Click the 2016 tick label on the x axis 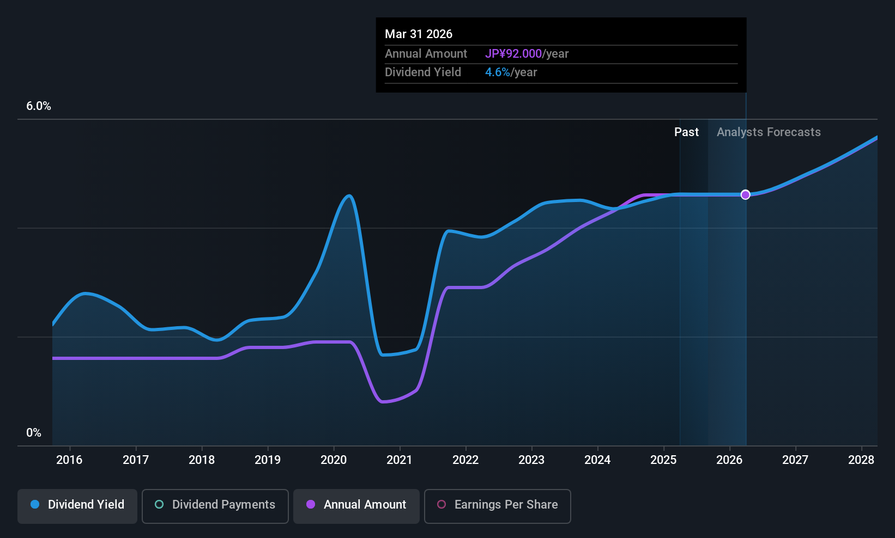click(69, 460)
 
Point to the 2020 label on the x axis click(334, 460)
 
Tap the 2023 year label click(531, 460)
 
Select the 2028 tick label click(861, 460)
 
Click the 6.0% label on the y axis click(39, 106)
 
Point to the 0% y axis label click(34, 433)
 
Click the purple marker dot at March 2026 click(746, 195)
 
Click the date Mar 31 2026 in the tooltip click(419, 34)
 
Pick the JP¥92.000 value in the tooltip click(513, 54)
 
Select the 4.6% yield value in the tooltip click(498, 72)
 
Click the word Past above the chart click(686, 132)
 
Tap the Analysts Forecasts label click(769, 132)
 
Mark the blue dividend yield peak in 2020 click(349, 196)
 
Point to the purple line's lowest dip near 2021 click(383, 402)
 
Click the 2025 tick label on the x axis click(663, 460)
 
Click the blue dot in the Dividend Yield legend click(35, 505)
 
